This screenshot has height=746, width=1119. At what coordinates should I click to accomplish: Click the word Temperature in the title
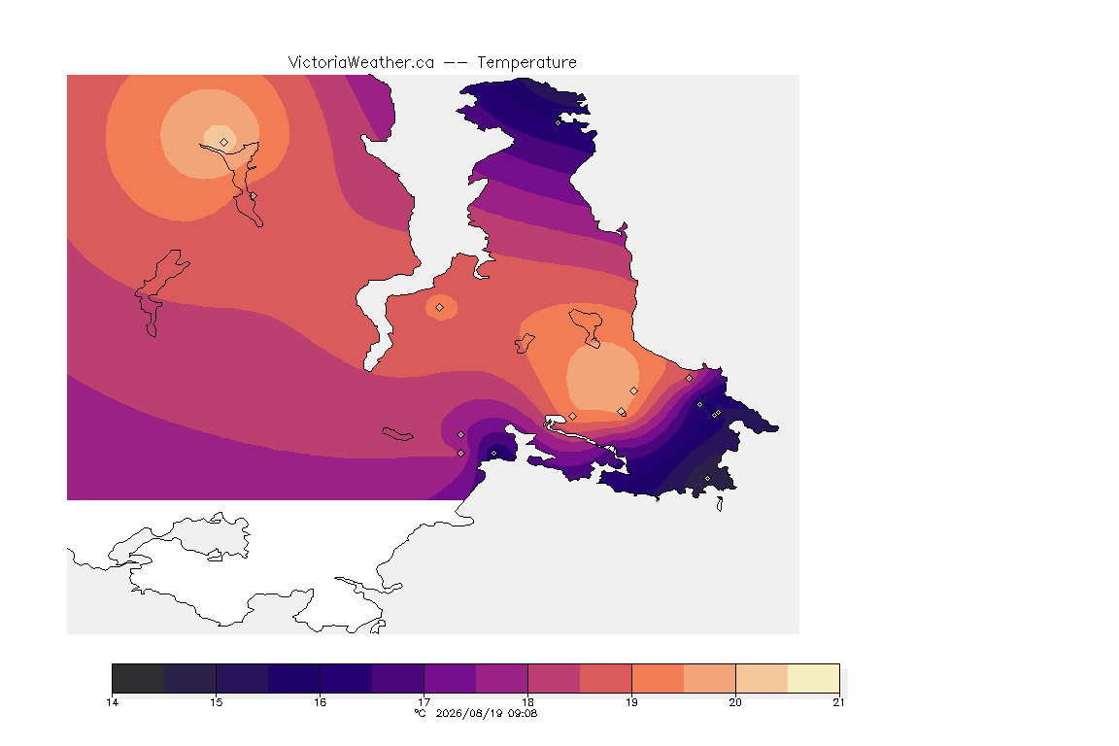click(x=526, y=63)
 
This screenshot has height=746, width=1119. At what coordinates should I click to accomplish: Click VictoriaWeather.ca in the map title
click(x=361, y=63)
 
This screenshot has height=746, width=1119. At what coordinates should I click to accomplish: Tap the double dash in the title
click(x=456, y=63)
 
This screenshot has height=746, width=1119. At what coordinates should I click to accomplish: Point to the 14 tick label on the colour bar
click(x=112, y=702)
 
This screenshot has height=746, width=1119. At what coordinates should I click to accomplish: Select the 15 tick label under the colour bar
click(x=217, y=702)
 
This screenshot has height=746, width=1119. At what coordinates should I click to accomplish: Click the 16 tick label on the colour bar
click(x=320, y=702)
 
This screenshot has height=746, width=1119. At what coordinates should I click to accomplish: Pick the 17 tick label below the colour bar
click(x=424, y=702)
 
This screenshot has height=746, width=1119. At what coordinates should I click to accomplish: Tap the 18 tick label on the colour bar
click(x=527, y=702)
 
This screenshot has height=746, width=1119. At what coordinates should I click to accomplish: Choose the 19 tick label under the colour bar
click(x=631, y=702)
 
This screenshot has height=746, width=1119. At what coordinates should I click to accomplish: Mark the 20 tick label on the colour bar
click(x=735, y=702)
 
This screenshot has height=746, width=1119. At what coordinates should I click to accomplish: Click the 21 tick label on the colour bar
click(x=838, y=702)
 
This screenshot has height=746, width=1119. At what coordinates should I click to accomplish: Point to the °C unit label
click(x=421, y=713)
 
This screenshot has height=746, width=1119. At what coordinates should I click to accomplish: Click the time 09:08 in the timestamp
click(x=524, y=713)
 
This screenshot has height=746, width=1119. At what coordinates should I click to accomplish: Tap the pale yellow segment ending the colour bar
click(x=814, y=678)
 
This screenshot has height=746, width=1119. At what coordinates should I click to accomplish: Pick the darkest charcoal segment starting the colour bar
click(x=139, y=678)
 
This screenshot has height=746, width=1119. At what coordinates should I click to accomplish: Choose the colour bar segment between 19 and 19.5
click(x=658, y=678)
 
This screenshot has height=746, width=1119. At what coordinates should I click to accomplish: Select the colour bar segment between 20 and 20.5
click(x=762, y=678)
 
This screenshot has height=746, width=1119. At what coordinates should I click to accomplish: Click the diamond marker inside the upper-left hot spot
click(x=224, y=142)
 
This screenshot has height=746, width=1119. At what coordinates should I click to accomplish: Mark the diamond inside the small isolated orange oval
click(x=440, y=308)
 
